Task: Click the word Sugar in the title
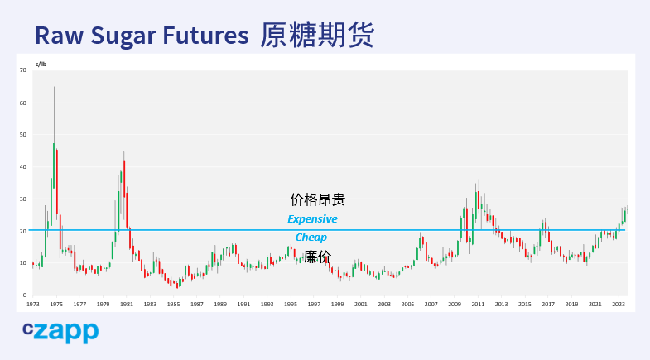123,36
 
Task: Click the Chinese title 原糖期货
317,35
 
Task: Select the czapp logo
60,332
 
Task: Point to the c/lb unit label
41,65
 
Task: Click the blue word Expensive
312,218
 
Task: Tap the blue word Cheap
311,238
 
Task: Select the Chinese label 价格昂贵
317,199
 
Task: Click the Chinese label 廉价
317,257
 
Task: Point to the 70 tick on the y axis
23,70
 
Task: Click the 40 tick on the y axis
23,167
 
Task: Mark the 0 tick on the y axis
25,295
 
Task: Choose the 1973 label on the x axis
33,304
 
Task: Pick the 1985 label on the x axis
173,304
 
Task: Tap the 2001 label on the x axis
361,304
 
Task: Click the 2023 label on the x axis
619,304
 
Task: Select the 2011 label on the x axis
478,304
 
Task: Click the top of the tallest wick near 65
54,87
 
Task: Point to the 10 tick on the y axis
23,262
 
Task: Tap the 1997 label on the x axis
314,304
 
